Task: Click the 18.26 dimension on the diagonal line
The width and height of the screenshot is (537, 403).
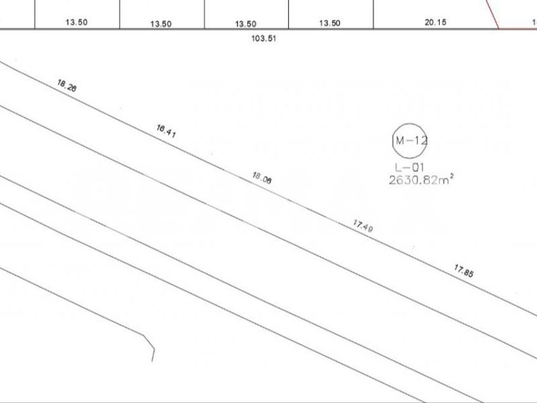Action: point(66,86)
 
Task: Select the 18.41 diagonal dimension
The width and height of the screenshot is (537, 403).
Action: point(166,131)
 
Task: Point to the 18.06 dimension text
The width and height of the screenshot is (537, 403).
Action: point(262,178)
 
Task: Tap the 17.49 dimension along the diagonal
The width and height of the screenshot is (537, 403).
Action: point(363,226)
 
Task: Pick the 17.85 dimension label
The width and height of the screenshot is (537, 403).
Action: point(464,271)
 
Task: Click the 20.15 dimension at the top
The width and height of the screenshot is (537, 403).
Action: point(435,22)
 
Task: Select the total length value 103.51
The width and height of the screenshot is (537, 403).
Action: point(263,38)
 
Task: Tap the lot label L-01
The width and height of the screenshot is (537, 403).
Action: point(410,168)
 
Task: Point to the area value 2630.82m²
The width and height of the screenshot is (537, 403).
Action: point(421,180)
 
